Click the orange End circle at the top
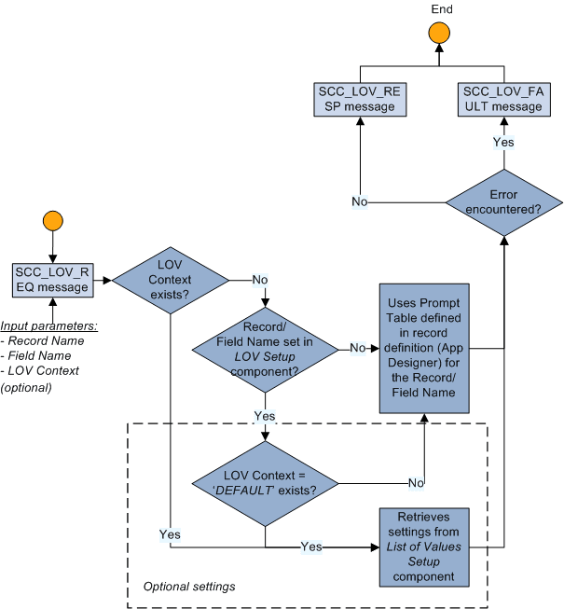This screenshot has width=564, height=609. [x=438, y=34]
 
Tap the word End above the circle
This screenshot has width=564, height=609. [x=442, y=9]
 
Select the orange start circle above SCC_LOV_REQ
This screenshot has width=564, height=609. [x=52, y=222]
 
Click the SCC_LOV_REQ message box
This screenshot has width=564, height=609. [x=52, y=279]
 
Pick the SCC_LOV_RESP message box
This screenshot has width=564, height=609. [x=360, y=99]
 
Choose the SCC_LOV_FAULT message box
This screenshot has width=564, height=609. [x=503, y=99]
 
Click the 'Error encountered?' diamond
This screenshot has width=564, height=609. [x=503, y=202]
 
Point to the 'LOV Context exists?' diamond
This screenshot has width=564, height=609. [x=170, y=279]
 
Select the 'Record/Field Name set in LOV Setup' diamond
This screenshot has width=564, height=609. [x=266, y=347]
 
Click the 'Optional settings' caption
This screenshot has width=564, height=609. [x=188, y=587]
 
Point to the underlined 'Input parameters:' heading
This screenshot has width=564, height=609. [x=48, y=325]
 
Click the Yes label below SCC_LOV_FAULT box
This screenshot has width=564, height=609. [x=503, y=143]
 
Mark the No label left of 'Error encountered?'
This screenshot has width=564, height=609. [x=359, y=201]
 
